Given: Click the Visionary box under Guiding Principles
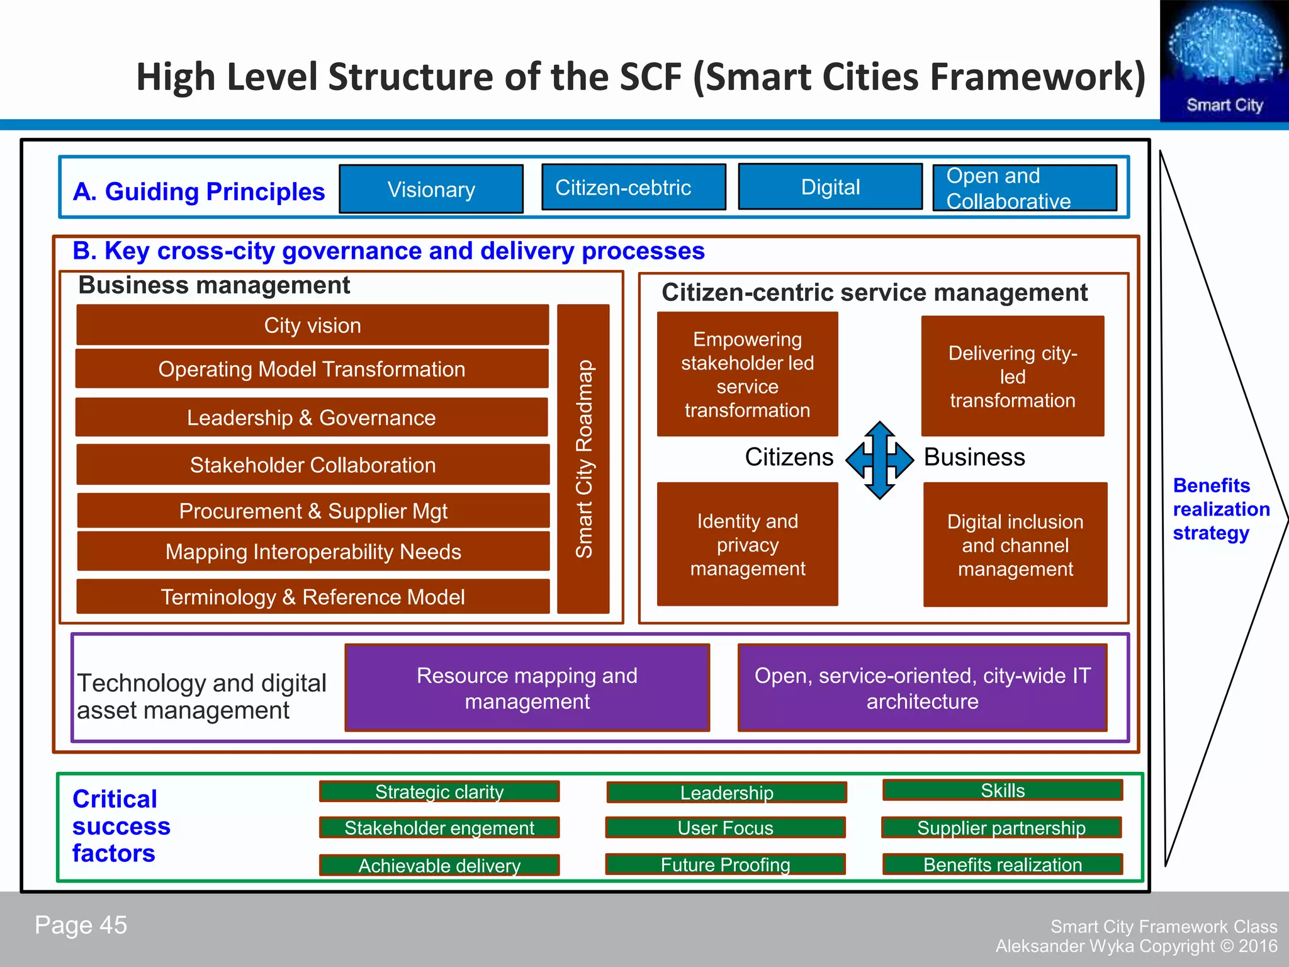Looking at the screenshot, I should [431, 189].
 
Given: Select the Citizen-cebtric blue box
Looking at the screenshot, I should [633, 187].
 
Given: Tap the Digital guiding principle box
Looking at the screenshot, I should [830, 186].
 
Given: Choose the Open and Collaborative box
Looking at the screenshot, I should [1025, 188].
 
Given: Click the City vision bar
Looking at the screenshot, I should [312, 325].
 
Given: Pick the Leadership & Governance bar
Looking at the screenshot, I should [312, 417].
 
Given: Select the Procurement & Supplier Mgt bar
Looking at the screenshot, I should [313, 511].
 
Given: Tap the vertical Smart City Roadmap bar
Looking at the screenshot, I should [583, 459].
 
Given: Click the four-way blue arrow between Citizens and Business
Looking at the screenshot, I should [879, 460].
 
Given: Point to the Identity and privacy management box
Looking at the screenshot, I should [747, 545].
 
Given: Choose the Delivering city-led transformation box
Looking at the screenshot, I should [1012, 376].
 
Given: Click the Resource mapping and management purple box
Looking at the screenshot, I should [527, 687].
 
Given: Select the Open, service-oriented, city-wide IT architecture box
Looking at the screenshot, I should [922, 687].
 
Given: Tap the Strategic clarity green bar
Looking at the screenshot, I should [439, 791].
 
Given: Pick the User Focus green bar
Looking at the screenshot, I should [725, 827].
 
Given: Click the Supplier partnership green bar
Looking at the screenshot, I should [1001, 827].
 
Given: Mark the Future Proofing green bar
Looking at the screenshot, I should [725, 864].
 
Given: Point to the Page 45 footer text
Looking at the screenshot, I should [81, 925].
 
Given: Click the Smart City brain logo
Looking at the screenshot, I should [1224, 60].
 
